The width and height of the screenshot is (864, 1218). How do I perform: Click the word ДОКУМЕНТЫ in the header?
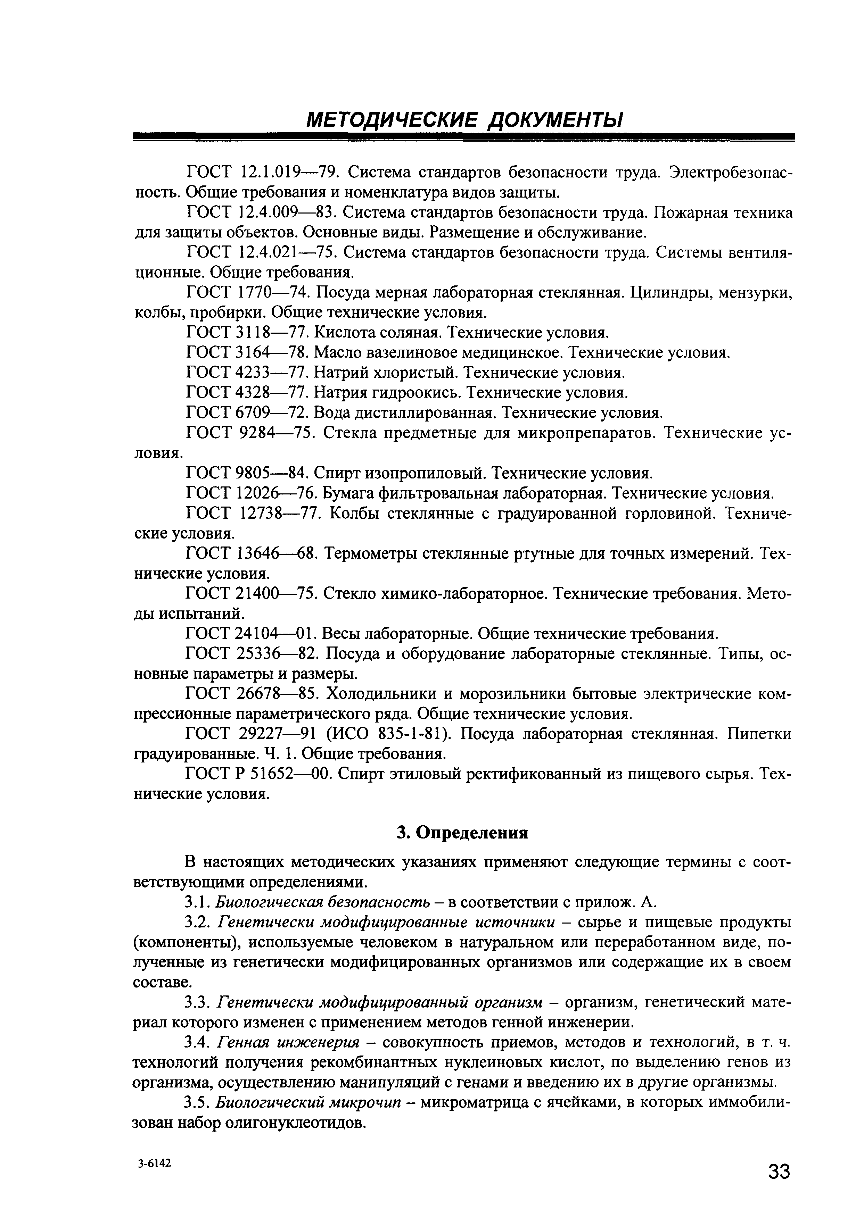pyautogui.click(x=555, y=120)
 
